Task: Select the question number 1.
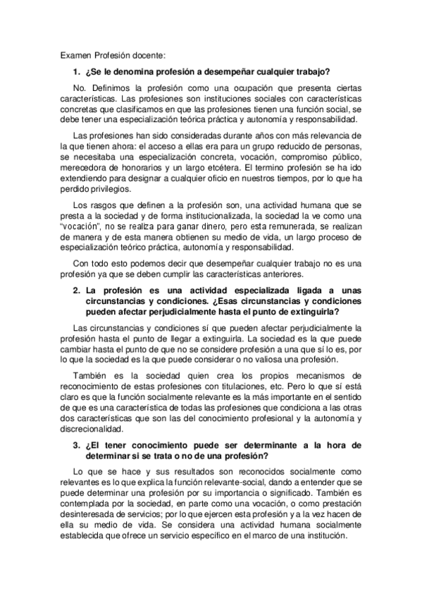76,71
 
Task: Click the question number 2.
76,291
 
